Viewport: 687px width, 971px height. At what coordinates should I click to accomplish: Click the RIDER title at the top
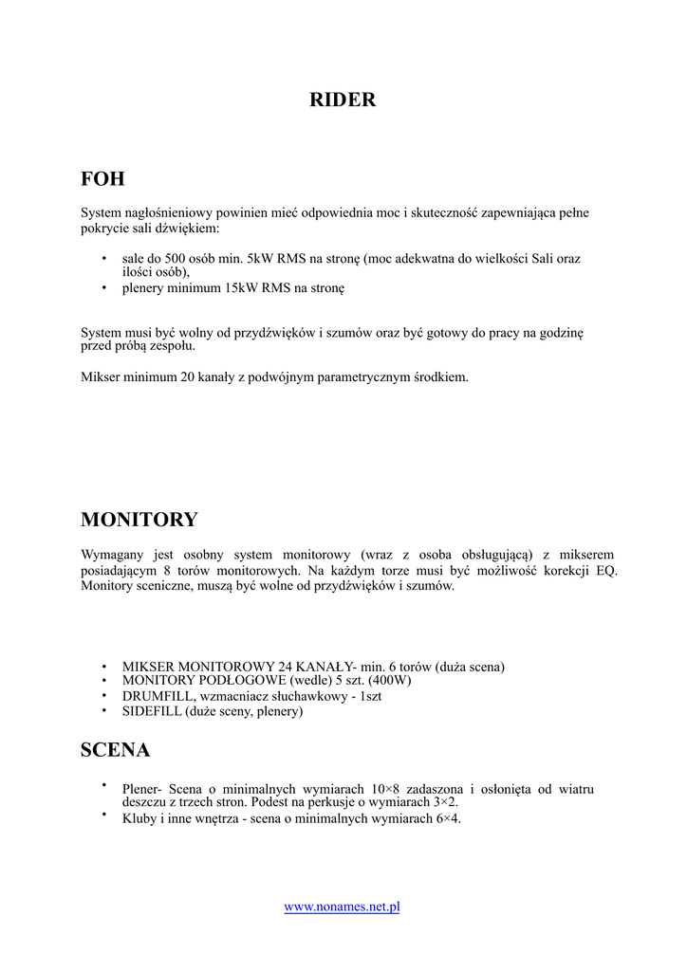(343, 101)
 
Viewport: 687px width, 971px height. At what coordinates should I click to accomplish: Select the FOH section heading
(102, 179)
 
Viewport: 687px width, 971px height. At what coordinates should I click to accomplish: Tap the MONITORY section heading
(139, 520)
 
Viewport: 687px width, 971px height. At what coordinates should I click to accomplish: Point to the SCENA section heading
(115, 751)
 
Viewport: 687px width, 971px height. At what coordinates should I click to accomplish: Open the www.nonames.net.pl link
(342, 907)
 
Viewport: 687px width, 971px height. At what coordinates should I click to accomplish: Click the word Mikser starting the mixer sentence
(100, 376)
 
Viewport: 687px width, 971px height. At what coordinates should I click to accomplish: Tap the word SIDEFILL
(151, 710)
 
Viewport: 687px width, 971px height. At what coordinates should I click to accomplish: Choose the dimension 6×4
(447, 818)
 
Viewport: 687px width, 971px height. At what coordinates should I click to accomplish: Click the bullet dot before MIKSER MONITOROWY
(103, 667)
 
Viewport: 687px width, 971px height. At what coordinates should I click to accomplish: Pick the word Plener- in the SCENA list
(142, 789)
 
